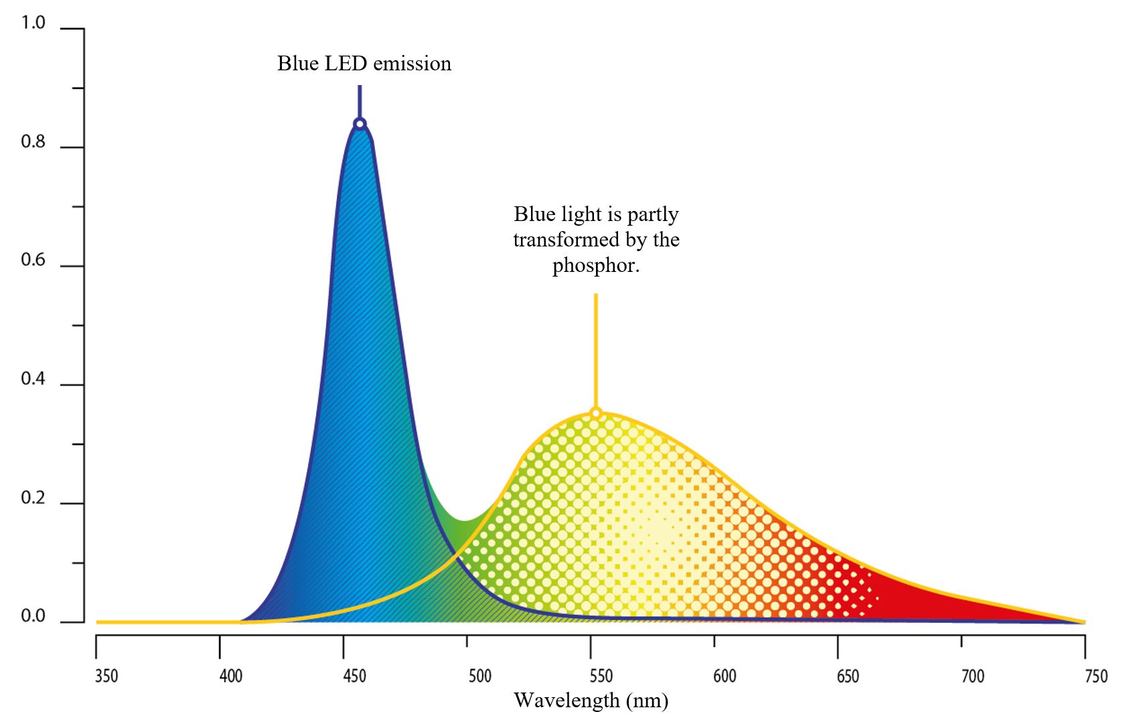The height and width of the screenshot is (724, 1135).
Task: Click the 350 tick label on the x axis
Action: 106,676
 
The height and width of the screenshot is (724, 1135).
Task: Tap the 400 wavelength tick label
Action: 231,676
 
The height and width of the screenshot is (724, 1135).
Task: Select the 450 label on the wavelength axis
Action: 354,676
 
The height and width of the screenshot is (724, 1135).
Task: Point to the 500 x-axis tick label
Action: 479,676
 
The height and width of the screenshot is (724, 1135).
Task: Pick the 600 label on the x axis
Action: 725,676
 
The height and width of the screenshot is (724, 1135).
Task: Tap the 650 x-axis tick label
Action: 848,676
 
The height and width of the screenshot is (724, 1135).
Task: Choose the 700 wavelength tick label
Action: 972,676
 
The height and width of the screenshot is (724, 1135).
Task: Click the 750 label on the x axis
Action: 1096,676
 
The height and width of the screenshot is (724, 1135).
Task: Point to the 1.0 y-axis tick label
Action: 33,23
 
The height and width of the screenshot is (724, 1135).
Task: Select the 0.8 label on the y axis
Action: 33,141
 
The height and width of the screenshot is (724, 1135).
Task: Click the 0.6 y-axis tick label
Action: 33,260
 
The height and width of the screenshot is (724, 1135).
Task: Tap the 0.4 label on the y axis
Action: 33,378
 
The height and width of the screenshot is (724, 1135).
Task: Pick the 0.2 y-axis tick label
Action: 33,498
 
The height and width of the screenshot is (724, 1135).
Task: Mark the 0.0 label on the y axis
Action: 33,616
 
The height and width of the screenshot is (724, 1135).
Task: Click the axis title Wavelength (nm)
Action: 591,701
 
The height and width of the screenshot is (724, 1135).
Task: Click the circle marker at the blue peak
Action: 360,124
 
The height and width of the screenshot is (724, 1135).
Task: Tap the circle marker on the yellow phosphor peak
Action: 596,414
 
